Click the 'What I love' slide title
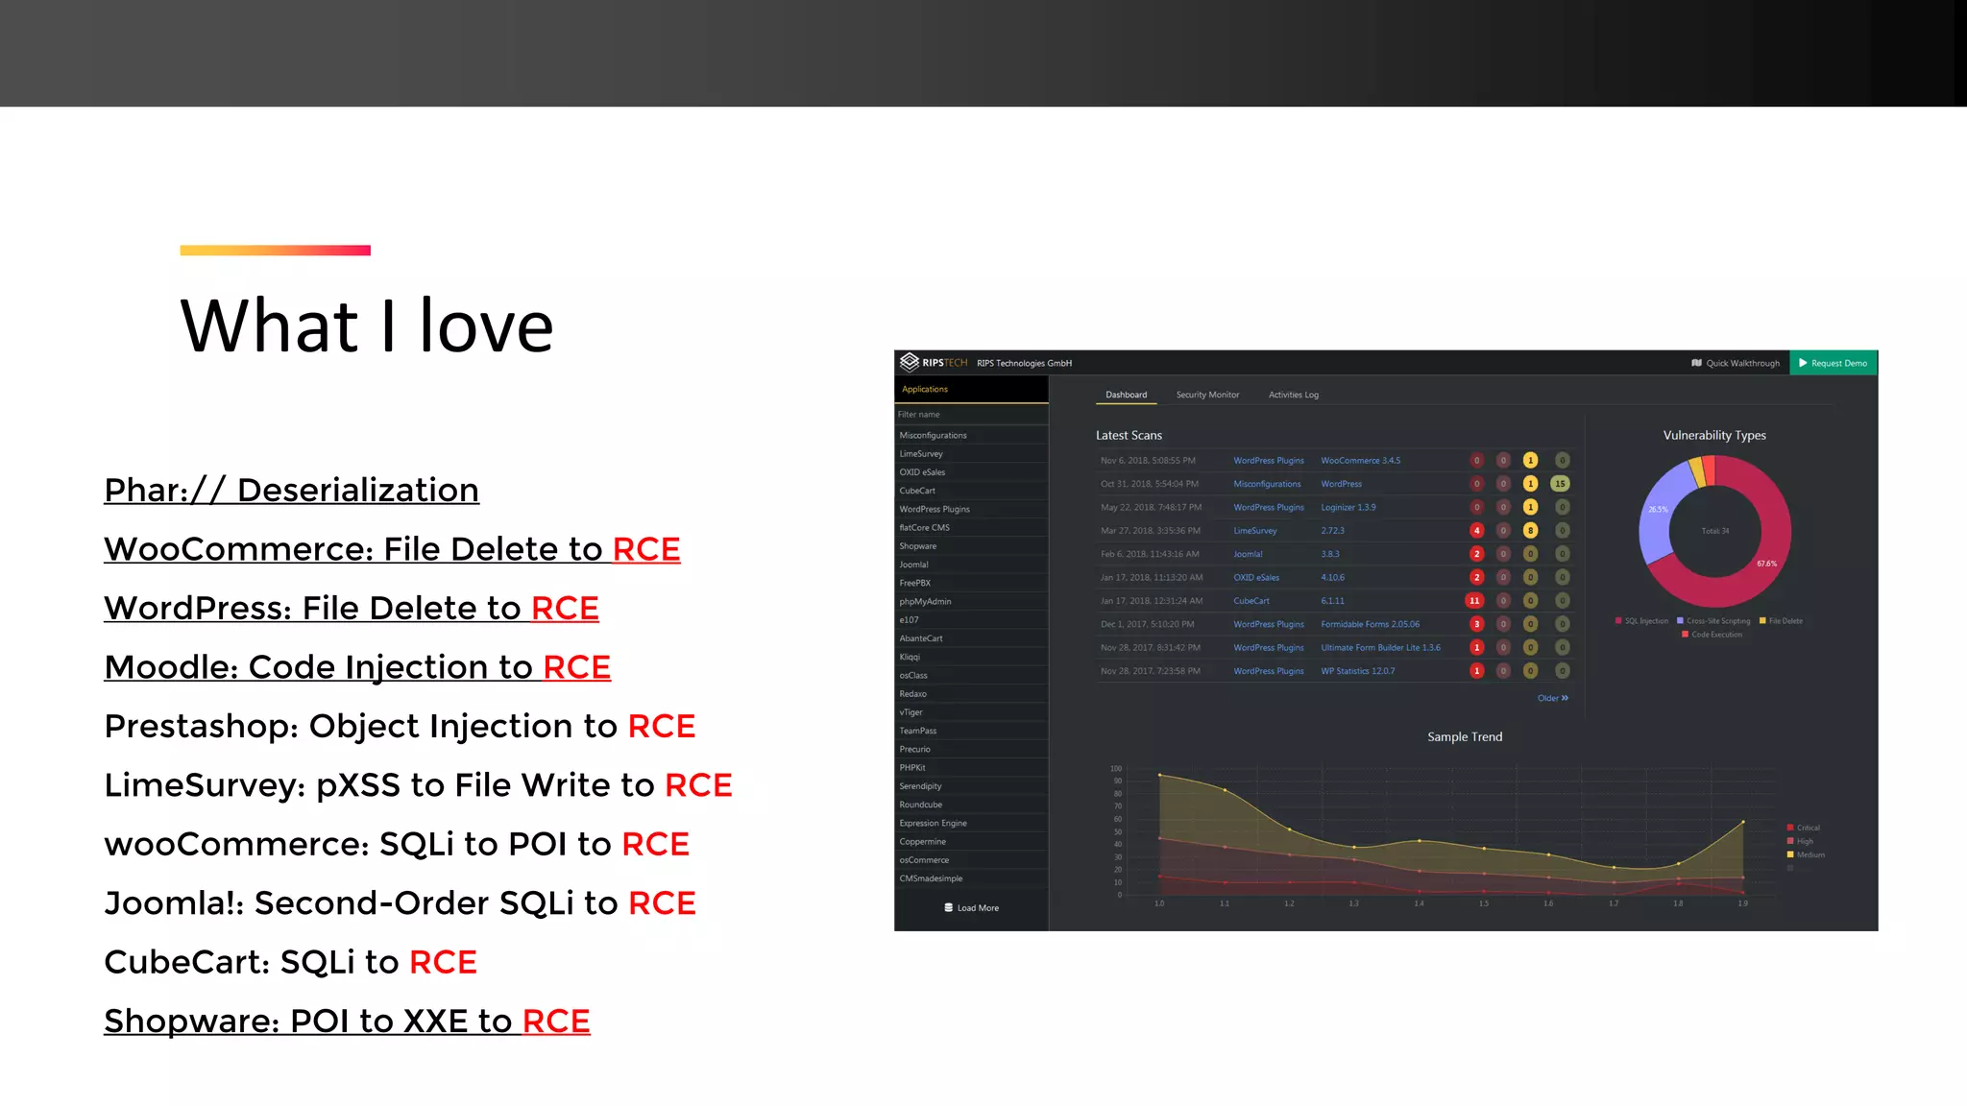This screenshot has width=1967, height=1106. coord(366,326)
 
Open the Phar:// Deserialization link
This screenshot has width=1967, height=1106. coord(291,491)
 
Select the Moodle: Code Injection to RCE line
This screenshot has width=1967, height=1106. coord(357,667)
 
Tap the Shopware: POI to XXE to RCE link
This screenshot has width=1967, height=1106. coord(347,1022)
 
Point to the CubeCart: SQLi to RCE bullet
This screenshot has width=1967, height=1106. coord(290,962)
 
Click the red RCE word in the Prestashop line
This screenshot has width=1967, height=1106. coord(662,727)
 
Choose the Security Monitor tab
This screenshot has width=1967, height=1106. coord(1207,395)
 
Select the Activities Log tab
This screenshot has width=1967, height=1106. coord(1293,395)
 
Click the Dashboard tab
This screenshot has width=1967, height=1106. coord(1126,395)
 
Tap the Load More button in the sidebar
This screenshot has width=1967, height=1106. coord(972,908)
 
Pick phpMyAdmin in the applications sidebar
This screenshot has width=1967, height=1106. coord(925,602)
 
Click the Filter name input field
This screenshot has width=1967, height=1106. coord(970,415)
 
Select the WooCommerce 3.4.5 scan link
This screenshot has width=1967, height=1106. coord(1360,461)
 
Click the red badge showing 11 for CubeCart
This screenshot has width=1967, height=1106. coord(1474,601)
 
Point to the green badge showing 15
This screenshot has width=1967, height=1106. coord(1561,484)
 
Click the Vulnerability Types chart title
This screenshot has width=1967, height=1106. coord(1714,435)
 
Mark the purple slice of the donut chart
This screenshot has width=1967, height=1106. coord(1658,509)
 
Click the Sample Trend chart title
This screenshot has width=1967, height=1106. coord(1465,737)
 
